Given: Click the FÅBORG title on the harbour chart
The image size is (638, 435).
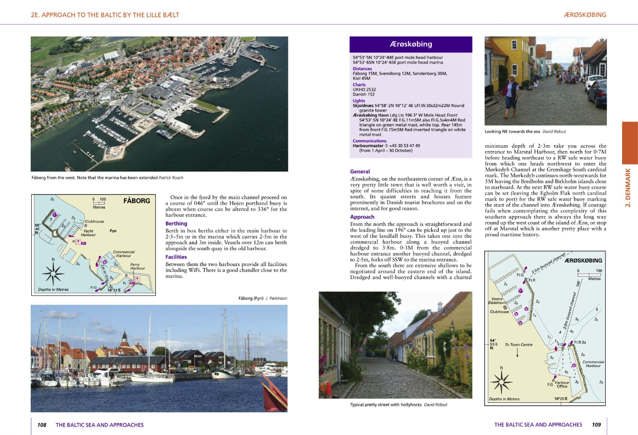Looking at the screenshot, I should click(136, 201).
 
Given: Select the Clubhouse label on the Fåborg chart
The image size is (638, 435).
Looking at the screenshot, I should click(95, 221).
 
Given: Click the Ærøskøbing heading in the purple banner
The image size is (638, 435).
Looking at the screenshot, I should click(411, 44).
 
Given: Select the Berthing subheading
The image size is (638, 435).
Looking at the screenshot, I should click(176, 224).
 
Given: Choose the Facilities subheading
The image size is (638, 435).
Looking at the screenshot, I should click(176, 257).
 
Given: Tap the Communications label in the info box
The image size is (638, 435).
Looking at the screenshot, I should click(370, 141).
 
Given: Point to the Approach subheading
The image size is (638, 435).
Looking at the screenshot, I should click(362, 217).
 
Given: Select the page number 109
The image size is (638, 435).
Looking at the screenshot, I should click(596, 425).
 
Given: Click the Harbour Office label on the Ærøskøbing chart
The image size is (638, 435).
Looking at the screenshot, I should click(562, 384).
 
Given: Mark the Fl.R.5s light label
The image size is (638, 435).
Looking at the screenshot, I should click(580, 342).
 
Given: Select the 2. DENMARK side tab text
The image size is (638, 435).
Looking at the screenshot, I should click(628, 188).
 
